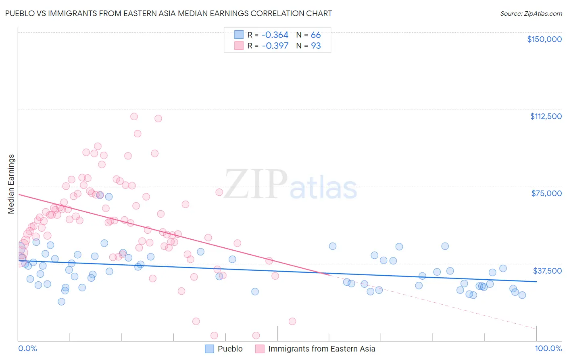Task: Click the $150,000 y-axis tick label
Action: [x=544, y=39]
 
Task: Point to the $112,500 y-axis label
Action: [x=546, y=116]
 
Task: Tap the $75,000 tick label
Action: [x=546, y=193]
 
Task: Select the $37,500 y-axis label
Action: [x=547, y=271]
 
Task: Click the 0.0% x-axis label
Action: [x=27, y=348]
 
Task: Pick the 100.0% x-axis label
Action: [x=548, y=348]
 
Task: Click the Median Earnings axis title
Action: [x=11, y=184]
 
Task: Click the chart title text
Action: [x=169, y=13]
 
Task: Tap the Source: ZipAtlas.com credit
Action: [x=531, y=14]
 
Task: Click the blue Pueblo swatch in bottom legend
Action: [x=209, y=349]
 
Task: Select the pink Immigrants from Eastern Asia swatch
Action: [x=260, y=349]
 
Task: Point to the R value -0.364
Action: [x=275, y=35]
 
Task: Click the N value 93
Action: [x=316, y=46]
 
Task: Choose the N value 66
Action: [x=316, y=35]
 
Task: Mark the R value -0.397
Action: [x=275, y=46]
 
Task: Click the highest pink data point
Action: [x=134, y=117]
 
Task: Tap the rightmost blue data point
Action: [x=522, y=295]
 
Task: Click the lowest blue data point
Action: [x=61, y=301]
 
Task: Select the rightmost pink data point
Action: [x=292, y=321]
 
